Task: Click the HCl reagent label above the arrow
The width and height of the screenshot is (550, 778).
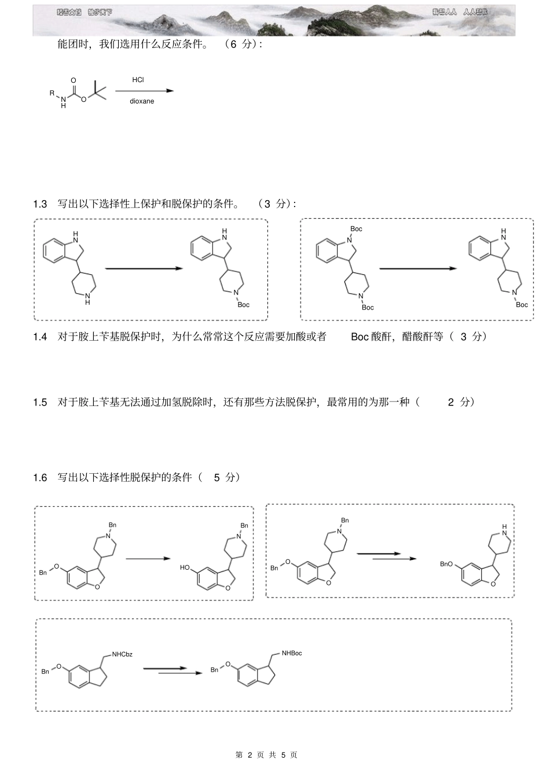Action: (138, 80)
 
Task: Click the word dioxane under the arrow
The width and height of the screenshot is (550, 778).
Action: (142, 101)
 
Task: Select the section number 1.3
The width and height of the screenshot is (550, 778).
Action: (40, 204)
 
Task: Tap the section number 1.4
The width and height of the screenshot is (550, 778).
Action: (40, 337)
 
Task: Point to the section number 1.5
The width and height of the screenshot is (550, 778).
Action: (40, 403)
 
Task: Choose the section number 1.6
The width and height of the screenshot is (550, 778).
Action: (40, 478)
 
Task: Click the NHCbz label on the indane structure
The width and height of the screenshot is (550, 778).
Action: (122, 655)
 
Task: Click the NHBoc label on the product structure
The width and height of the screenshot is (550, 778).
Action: (292, 654)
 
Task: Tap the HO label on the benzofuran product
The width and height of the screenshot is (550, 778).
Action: (185, 568)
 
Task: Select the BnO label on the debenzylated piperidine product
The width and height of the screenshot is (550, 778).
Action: (446, 564)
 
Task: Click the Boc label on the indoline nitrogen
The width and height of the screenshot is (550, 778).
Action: (357, 229)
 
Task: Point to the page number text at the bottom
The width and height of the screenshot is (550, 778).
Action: (266, 755)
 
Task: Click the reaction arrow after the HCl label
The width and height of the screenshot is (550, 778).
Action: (144, 91)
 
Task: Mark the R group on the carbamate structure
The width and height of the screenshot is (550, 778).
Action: (52, 93)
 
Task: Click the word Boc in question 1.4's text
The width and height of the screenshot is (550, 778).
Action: (360, 337)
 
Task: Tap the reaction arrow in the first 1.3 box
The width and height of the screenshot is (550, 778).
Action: (143, 268)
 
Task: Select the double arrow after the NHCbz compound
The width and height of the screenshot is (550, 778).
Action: (173, 670)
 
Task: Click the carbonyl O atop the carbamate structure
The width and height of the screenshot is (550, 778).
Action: (74, 80)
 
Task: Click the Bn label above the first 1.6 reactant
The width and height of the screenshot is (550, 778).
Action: (112, 525)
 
